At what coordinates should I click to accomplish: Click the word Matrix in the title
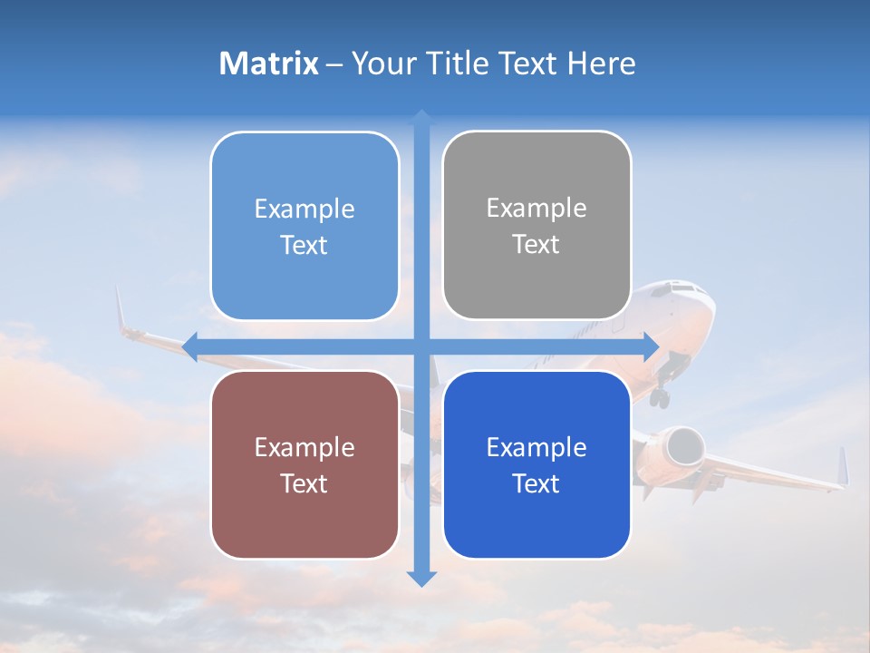(269, 63)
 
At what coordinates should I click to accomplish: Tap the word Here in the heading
(601, 63)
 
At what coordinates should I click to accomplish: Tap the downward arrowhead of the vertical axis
(421, 579)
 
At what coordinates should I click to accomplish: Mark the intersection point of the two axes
(421, 346)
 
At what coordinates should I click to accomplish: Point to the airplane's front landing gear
(662, 395)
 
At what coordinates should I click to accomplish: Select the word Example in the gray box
(536, 209)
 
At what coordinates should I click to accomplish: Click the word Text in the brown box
(304, 483)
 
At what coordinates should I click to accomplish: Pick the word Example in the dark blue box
(536, 447)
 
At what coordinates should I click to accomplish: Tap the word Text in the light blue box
(304, 245)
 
